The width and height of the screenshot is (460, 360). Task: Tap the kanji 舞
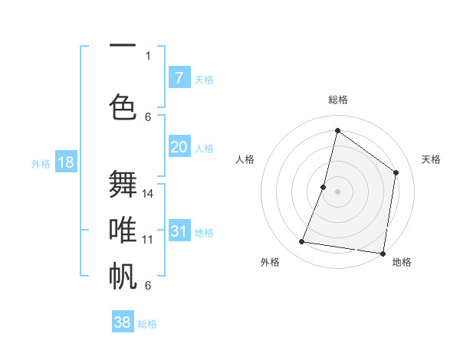pos(123,185)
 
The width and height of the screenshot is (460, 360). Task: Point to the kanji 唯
pos(123,229)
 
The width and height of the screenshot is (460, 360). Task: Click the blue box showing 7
pos(179,78)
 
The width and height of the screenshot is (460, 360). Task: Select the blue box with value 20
pos(179,147)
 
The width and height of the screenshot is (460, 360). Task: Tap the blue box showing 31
pos(179,231)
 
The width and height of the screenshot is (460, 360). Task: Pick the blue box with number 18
pos(65,162)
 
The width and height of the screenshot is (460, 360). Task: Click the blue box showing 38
pos(123,322)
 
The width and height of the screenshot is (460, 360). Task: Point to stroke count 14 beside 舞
pos(149,193)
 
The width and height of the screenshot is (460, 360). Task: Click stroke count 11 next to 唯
pos(148,239)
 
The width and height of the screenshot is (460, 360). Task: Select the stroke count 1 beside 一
pos(148,55)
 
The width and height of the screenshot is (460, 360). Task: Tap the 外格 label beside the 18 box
pos(41,163)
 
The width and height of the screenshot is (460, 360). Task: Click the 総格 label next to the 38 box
pos(147,324)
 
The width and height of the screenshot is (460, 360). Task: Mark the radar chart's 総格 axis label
pos(338,100)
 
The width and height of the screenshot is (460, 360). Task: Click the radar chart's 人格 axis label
pos(245,159)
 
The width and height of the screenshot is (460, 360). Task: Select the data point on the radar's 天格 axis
pos(396,172)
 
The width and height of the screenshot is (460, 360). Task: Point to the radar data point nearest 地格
pos(383,253)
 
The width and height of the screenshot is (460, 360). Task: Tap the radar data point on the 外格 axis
pos(302,242)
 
